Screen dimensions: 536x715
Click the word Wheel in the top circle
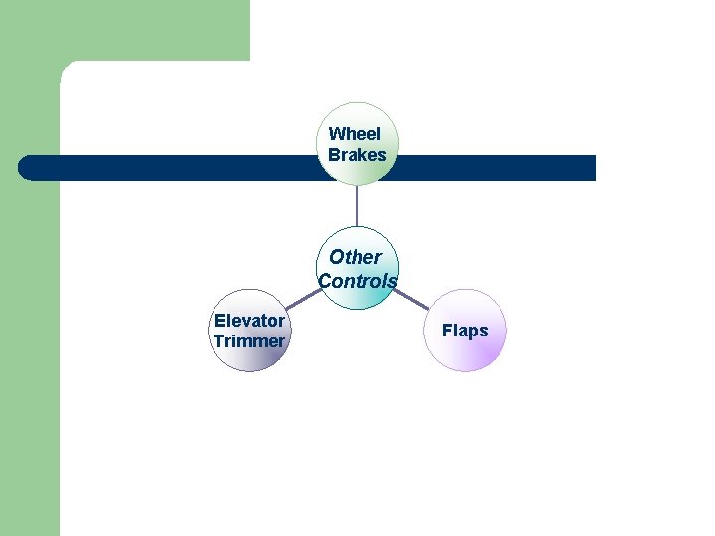355,134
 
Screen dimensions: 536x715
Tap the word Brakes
357,155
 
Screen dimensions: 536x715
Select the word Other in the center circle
356,257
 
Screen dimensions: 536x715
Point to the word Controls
357,281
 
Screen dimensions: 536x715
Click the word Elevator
249,320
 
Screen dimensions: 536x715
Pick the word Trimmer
248,341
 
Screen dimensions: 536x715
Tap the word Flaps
465,331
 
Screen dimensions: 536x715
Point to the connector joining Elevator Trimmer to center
301,301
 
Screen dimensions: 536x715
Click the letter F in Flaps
447,331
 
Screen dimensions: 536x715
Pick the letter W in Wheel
336,134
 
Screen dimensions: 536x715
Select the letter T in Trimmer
218,341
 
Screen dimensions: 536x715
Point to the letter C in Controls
324,281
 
